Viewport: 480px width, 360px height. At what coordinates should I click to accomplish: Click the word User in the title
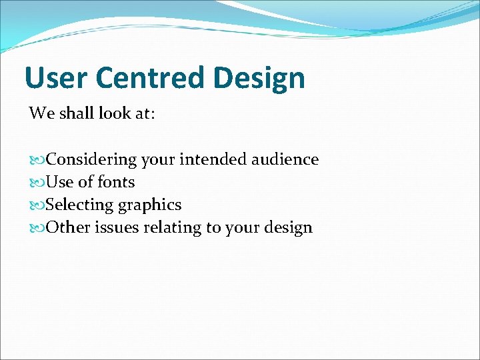point(54,78)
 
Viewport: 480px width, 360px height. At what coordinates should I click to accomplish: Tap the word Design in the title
point(260,78)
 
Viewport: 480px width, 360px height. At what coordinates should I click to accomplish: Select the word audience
point(285,160)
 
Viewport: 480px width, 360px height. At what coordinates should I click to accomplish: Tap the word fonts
point(116,182)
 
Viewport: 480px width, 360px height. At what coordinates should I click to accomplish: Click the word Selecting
point(79,205)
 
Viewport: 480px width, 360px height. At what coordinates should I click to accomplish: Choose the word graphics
point(149,205)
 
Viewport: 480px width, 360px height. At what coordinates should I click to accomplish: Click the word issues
point(117,227)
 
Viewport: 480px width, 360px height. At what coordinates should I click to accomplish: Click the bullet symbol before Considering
point(37,160)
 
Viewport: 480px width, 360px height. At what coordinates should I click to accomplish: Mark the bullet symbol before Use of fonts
point(37,183)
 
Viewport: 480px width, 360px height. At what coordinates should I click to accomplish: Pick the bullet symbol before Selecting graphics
point(37,205)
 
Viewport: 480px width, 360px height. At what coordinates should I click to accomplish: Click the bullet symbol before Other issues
point(37,228)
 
